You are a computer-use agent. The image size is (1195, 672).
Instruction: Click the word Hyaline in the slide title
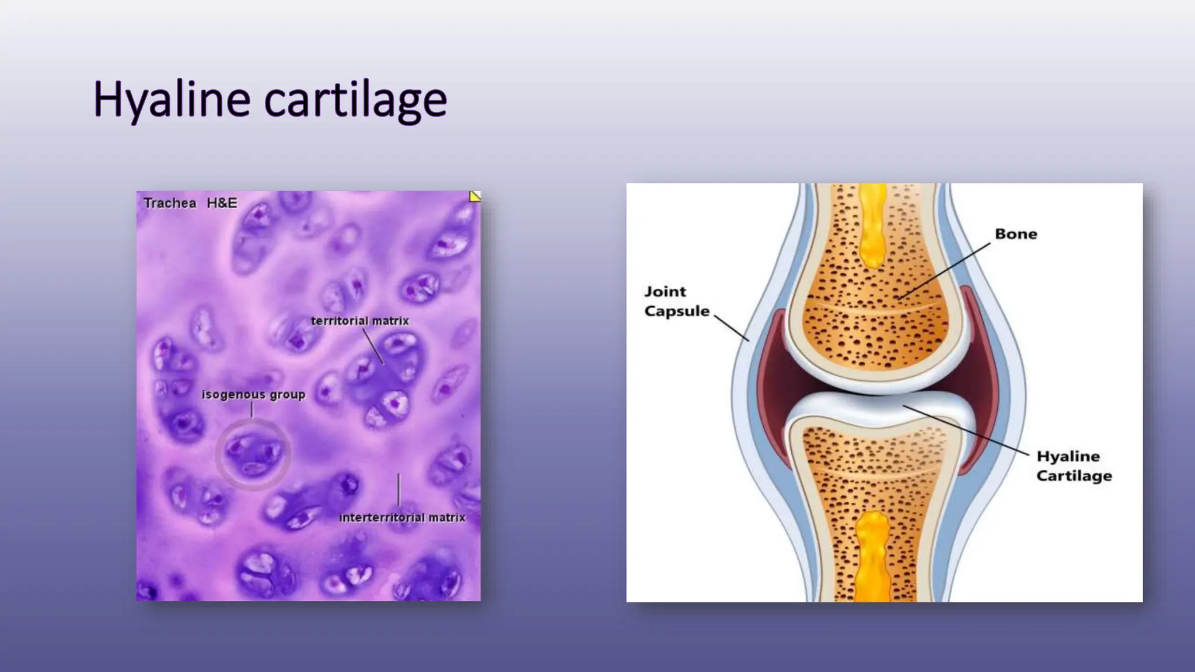tap(172, 99)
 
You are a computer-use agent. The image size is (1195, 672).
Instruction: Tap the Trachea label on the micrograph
tap(170, 203)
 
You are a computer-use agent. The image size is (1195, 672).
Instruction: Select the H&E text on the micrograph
tap(222, 203)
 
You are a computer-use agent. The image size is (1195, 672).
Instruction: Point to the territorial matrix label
tap(359, 321)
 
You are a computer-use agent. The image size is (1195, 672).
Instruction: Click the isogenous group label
tap(253, 395)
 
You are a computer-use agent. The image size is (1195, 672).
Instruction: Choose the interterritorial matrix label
tap(402, 517)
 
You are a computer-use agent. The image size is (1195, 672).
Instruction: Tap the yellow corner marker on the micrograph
tap(475, 197)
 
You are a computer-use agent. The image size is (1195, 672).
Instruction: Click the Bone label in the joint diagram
tap(1016, 234)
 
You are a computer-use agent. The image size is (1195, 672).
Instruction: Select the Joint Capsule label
tap(676, 301)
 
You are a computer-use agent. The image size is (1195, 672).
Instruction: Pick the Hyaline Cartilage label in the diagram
tap(1074, 466)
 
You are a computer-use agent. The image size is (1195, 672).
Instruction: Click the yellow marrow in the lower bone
tap(873, 554)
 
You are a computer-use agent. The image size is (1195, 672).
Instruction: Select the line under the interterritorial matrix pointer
tap(399, 490)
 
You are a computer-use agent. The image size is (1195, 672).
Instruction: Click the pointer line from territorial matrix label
tap(373, 346)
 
